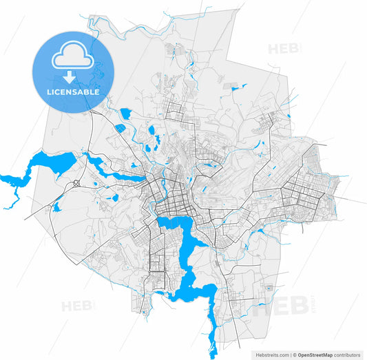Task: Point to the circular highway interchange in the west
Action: point(75,184)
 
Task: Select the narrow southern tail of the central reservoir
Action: point(211,337)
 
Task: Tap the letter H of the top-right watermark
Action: point(274,49)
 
